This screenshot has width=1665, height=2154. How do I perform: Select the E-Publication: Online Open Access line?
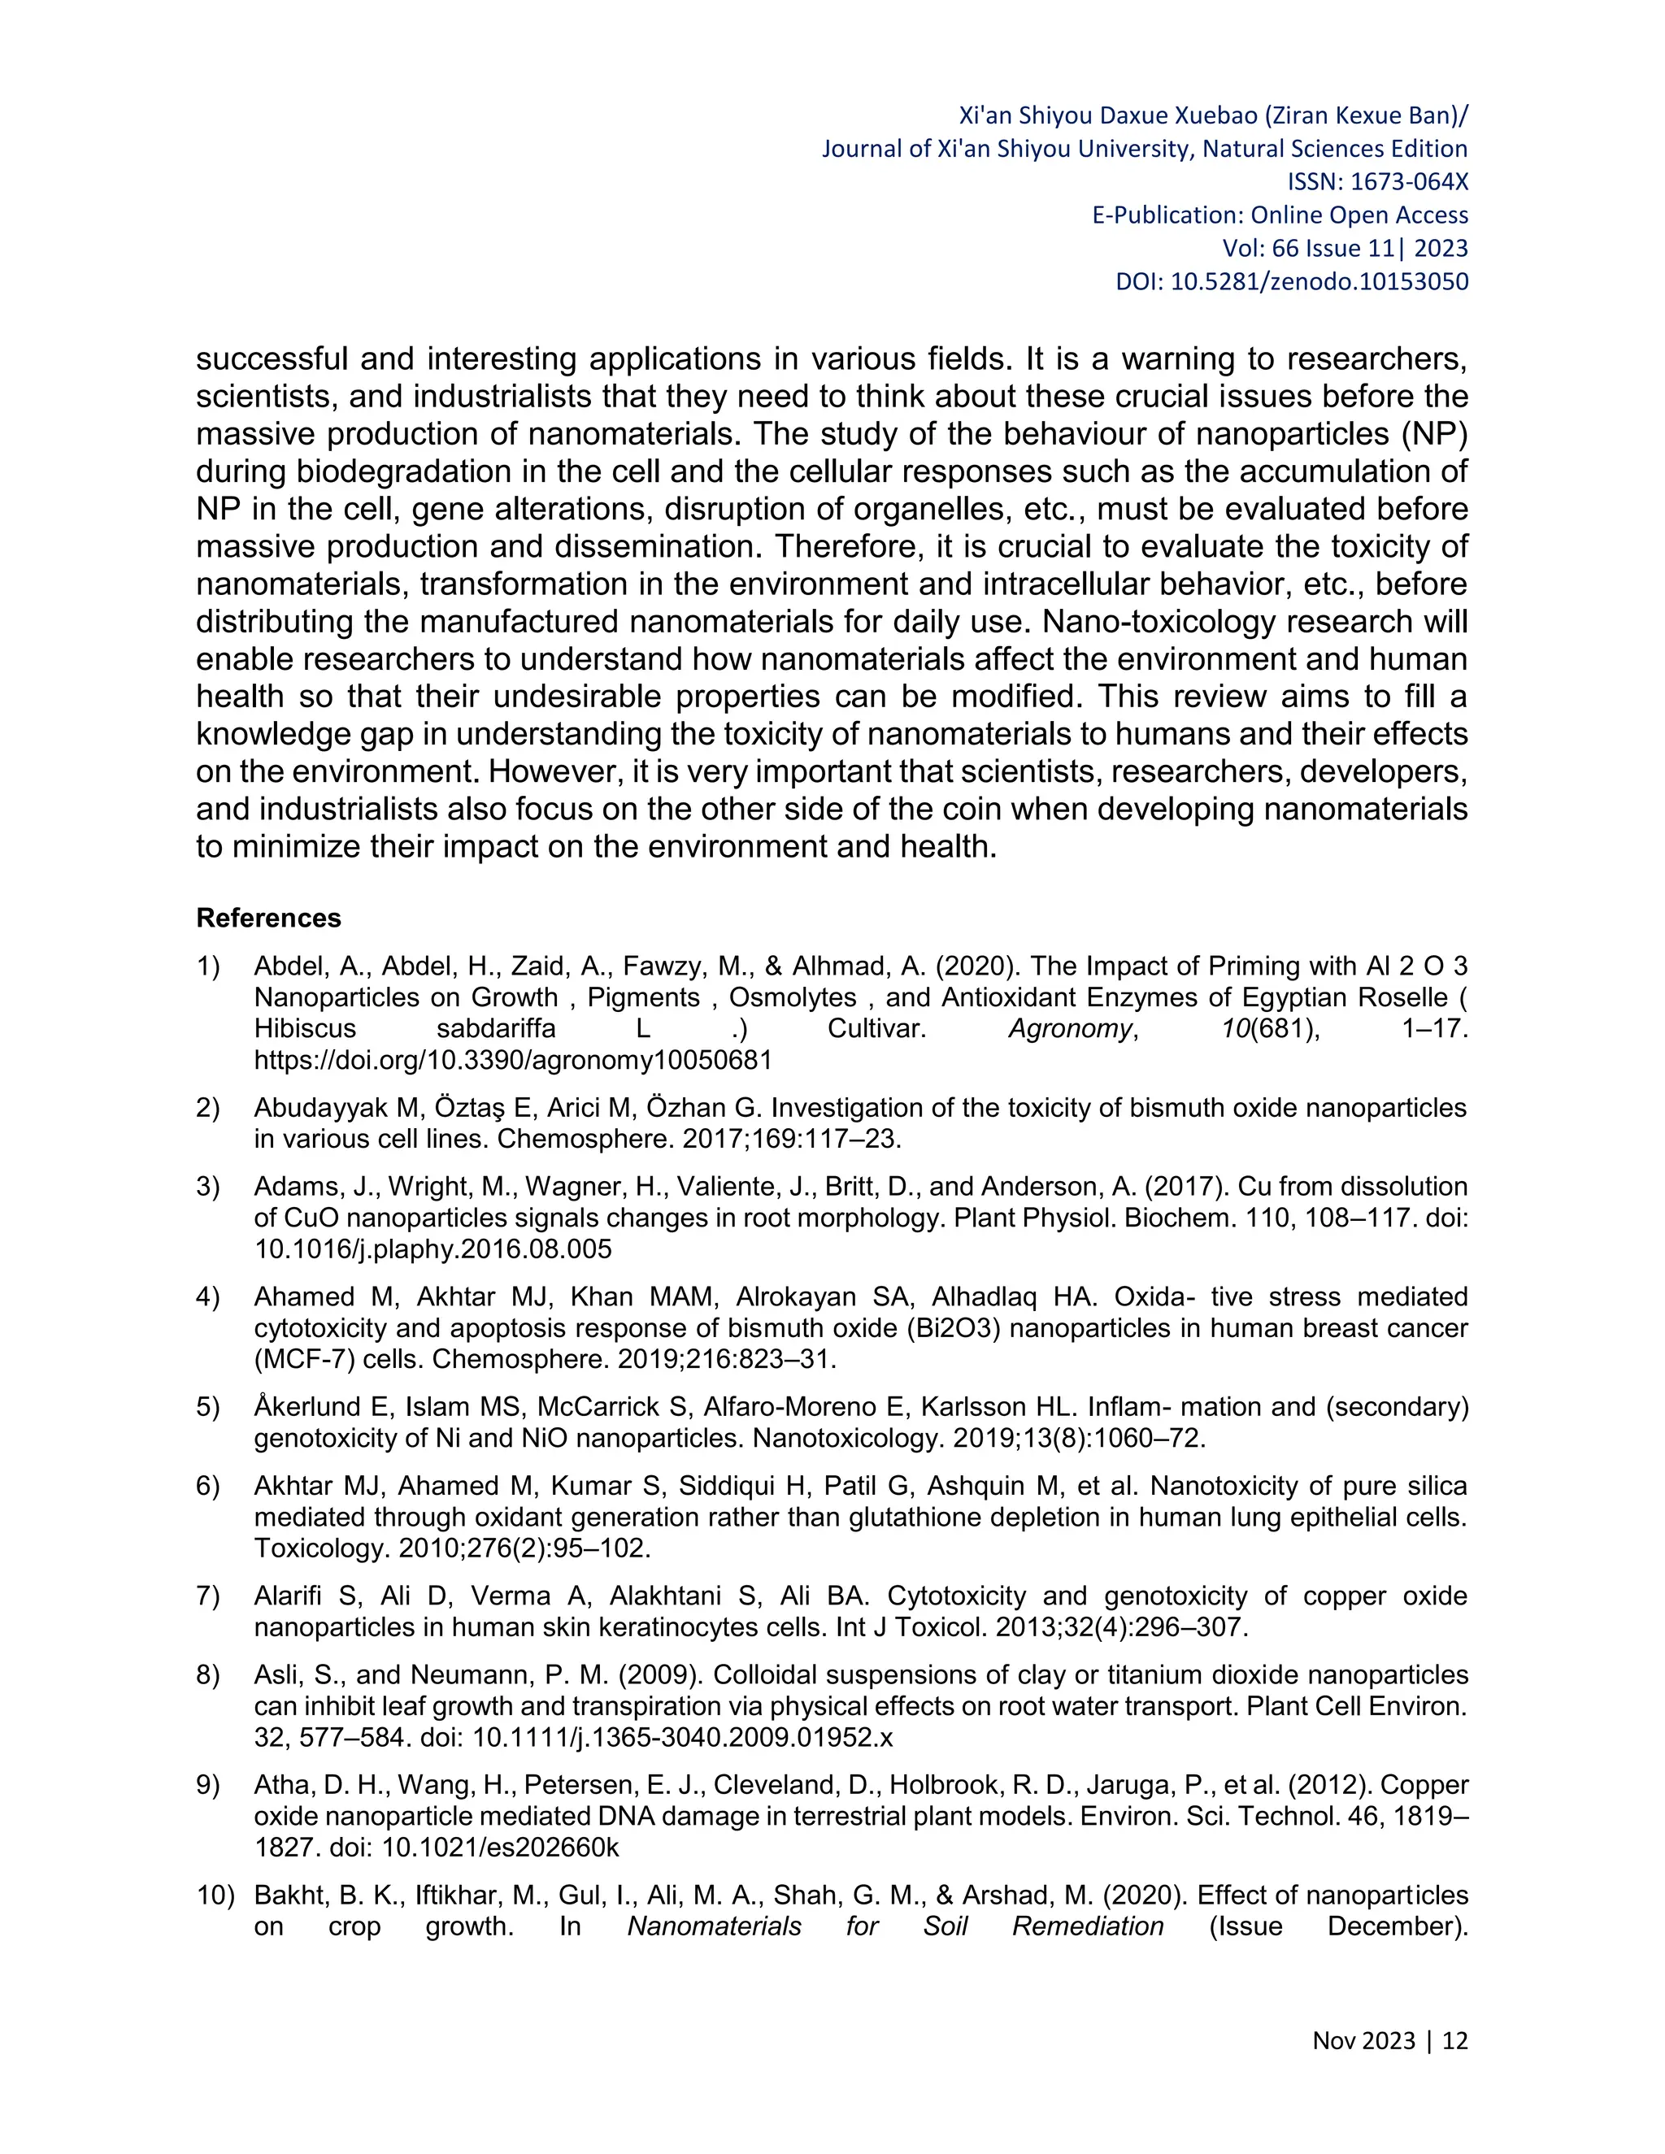1280,215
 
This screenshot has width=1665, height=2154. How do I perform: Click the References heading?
268,918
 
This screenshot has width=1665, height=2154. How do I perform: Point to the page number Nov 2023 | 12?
1389,2040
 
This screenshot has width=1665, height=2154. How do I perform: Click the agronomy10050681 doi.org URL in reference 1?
513,1060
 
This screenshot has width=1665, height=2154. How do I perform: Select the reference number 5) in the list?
208,1407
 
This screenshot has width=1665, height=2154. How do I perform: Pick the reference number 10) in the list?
214,1896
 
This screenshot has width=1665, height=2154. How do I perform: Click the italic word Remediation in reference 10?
1088,1927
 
